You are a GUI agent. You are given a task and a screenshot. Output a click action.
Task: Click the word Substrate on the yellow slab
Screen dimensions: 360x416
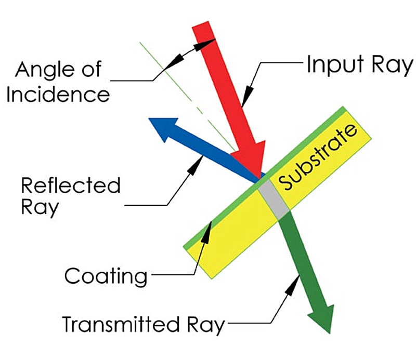point(318,156)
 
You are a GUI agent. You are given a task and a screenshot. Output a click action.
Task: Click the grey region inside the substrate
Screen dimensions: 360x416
point(274,197)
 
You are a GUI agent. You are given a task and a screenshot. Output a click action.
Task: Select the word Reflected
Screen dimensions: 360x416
point(71,185)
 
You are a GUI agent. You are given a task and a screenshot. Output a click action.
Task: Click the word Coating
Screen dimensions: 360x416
point(106,276)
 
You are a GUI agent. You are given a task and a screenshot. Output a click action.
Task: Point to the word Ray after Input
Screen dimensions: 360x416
point(387,66)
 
